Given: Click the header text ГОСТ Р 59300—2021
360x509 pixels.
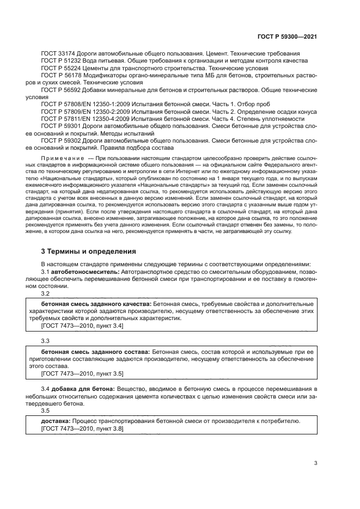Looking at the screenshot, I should (287, 36).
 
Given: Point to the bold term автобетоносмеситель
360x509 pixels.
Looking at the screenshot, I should (85, 271).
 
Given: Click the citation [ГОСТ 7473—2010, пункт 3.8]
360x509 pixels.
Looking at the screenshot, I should (82, 429).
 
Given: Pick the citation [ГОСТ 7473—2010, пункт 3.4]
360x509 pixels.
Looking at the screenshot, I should (82, 326).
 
